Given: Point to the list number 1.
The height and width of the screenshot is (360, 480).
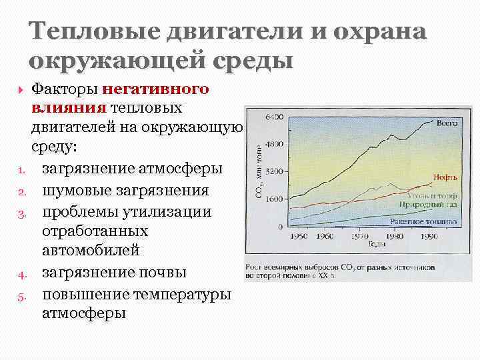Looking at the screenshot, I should pyautogui.click(x=21, y=171).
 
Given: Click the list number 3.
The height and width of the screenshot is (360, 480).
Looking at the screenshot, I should pyautogui.click(x=21, y=213).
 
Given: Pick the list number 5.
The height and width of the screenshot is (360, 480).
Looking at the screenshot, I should pyautogui.click(x=21, y=295).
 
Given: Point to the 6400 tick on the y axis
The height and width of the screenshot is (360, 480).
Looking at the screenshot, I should pyautogui.click(x=275, y=117).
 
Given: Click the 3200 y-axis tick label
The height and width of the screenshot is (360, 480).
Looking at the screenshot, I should pyautogui.click(x=275, y=171).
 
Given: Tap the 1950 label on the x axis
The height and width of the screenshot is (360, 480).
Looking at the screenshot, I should pyautogui.click(x=298, y=236).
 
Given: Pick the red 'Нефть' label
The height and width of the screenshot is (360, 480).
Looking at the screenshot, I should pyautogui.click(x=445, y=177).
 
